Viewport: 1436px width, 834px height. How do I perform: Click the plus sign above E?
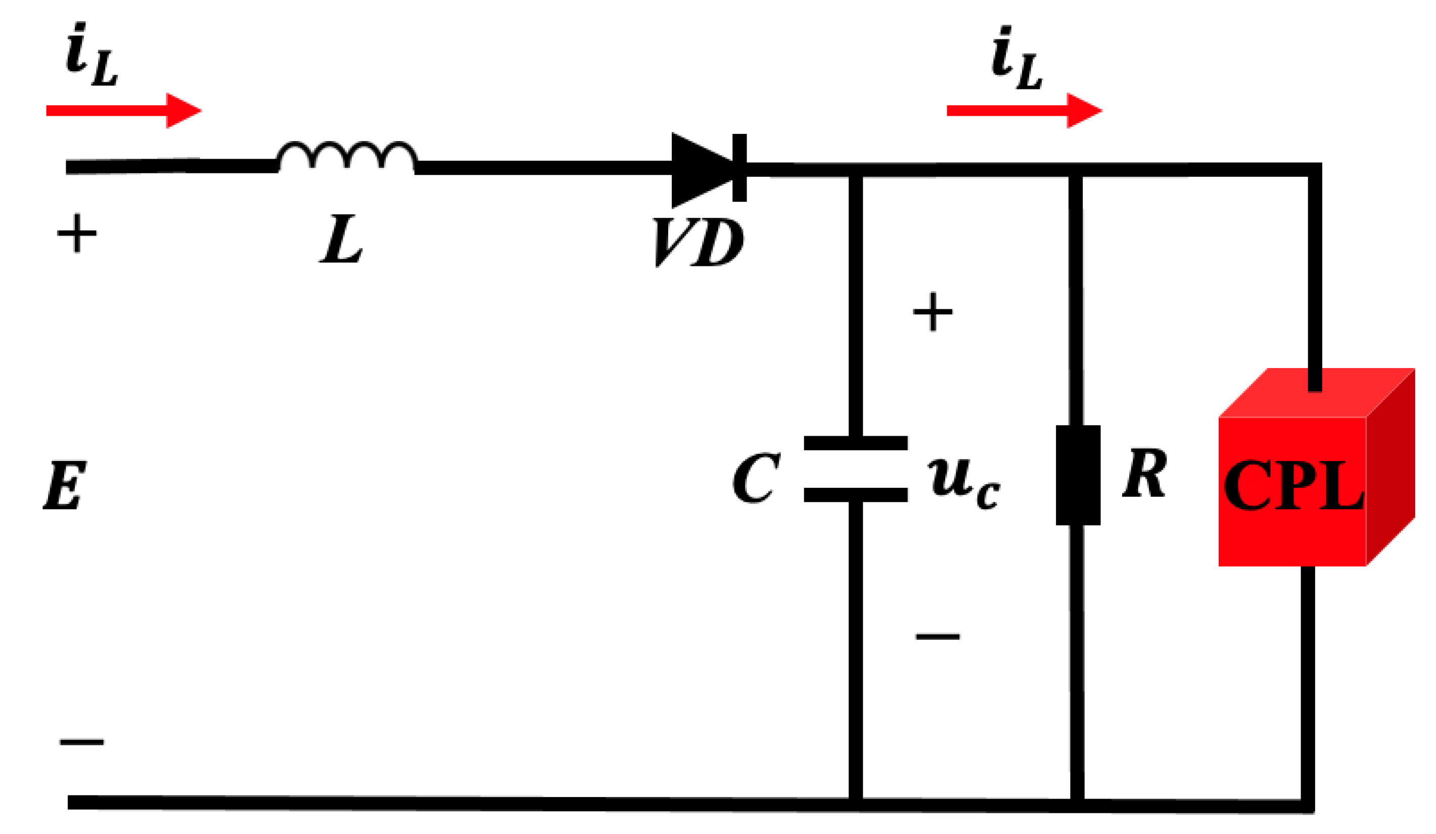(x=77, y=233)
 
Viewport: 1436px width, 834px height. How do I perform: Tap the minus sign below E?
(x=82, y=742)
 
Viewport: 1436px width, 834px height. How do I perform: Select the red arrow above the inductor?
(x=124, y=111)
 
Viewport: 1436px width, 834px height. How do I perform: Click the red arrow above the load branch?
(x=1025, y=111)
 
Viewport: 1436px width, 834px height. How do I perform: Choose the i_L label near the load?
(x=1016, y=58)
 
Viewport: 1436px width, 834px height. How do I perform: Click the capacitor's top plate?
(x=856, y=443)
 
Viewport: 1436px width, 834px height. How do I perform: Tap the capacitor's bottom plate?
(x=856, y=494)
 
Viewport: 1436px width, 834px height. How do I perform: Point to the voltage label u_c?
(x=963, y=483)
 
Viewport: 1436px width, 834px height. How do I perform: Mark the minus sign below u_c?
(x=938, y=636)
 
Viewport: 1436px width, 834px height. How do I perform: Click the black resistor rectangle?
(x=1078, y=475)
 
